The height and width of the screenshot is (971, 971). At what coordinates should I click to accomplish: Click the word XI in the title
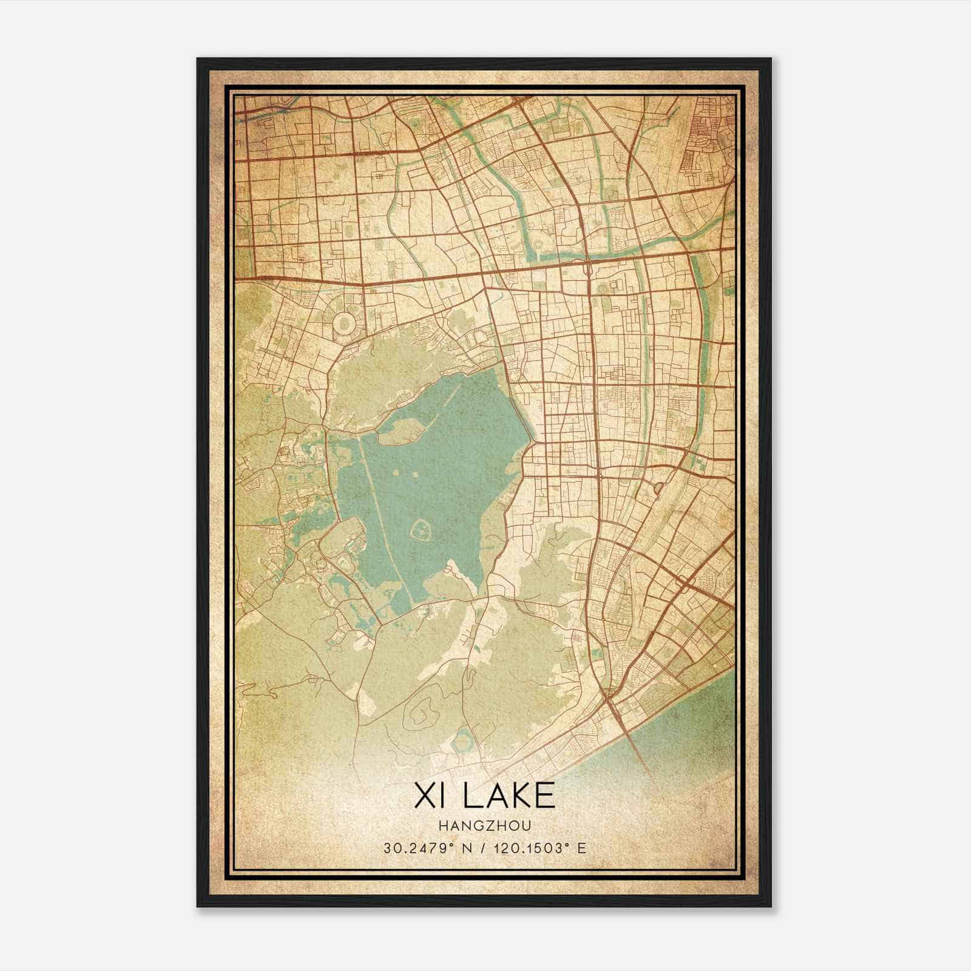[x=428, y=795]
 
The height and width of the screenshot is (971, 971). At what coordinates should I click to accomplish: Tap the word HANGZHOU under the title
[x=485, y=825]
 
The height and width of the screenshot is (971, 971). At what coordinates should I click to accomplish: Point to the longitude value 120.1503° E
[x=542, y=848]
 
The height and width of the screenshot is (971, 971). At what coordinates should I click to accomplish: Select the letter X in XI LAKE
[x=421, y=795]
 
